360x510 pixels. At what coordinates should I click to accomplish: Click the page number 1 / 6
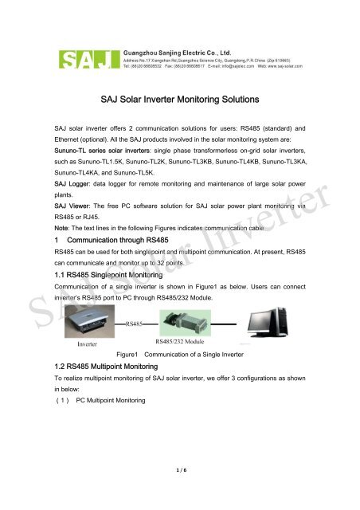click(180, 492)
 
